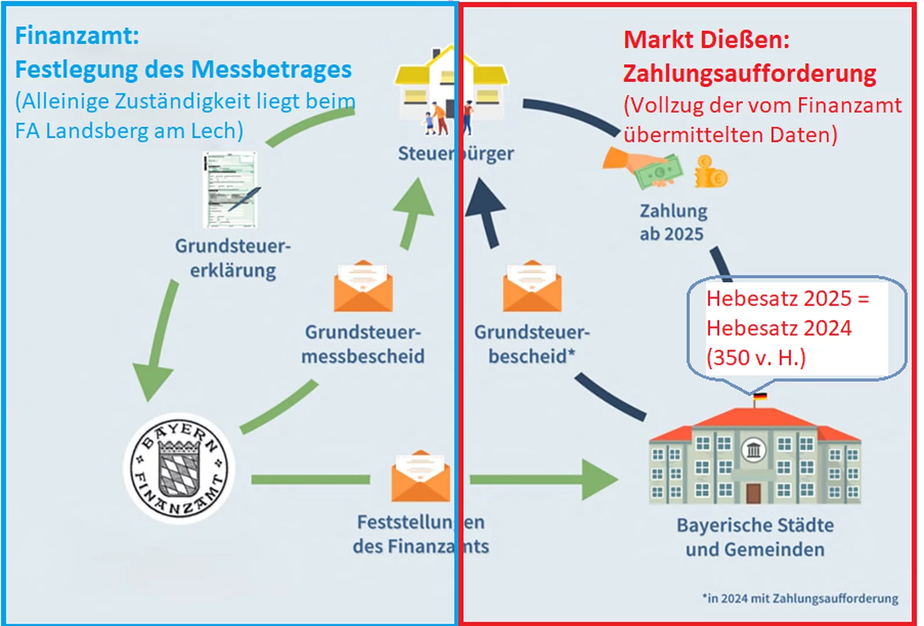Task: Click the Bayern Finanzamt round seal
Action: (x=180, y=468)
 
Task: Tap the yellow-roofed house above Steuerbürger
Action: (x=451, y=87)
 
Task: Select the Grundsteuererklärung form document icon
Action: (x=231, y=190)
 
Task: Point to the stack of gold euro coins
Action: (x=710, y=172)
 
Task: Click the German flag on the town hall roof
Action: (x=759, y=396)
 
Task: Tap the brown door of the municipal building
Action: (x=753, y=493)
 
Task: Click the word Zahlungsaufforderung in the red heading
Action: (x=749, y=74)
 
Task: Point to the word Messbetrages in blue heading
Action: (x=271, y=70)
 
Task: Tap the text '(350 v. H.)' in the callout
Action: (x=756, y=358)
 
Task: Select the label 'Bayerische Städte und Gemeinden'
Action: (x=755, y=537)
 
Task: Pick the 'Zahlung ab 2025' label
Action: (x=673, y=222)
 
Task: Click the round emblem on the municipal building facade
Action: (x=754, y=449)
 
